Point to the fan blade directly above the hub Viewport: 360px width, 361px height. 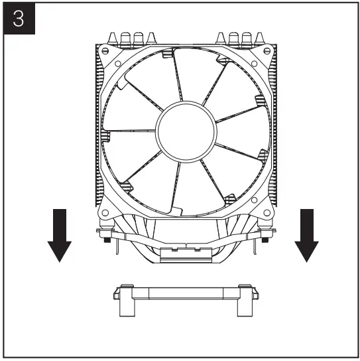pyautogui.click(x=192, y=76)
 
